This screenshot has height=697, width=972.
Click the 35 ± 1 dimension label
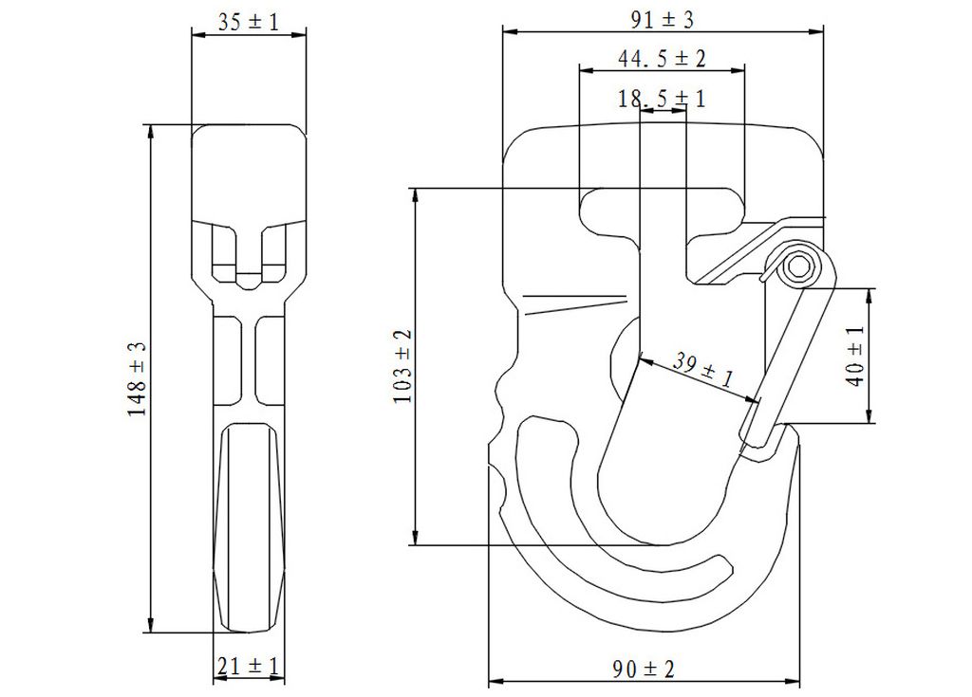[x=249, y=23]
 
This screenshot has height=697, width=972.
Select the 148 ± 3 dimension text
[x=137, y=378]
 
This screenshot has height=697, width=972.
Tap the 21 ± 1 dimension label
[x=249, y=667]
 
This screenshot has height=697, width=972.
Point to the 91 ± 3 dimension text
[x=663, y=20]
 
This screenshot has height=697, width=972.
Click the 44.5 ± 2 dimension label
[x=662, y=59]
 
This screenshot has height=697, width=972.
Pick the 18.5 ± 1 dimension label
[x=662, y=99]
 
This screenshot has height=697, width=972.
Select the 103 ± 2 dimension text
[x=403, y=366]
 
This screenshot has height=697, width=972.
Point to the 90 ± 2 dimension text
[x=644, y=669]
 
